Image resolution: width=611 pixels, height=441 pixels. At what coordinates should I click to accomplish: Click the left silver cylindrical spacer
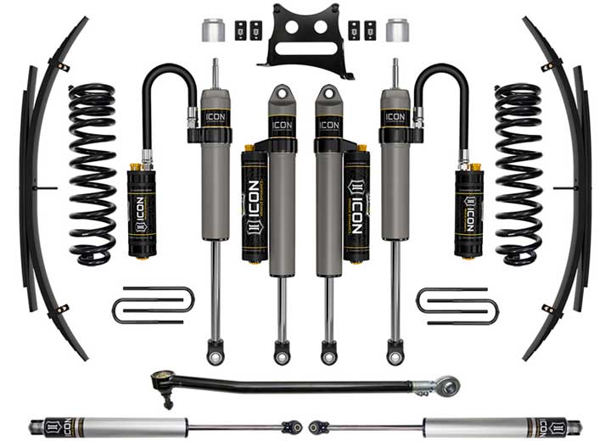point(214,31)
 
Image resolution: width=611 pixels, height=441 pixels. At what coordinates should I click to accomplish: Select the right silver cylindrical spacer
point(396,31)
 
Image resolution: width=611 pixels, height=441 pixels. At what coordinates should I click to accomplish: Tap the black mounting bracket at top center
point(305,37)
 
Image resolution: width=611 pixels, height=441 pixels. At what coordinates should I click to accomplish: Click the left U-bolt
point(153,304)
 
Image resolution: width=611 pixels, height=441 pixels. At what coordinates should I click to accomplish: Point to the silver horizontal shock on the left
point(110,427)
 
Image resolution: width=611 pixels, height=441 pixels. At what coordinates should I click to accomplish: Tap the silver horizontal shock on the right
point(501,427)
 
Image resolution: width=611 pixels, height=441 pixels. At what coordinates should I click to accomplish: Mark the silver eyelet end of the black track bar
point(447,386)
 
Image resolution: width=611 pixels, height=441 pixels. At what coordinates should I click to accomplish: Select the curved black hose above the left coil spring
point(161,93)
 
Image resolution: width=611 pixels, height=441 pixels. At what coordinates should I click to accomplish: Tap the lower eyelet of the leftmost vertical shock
point(216,350)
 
